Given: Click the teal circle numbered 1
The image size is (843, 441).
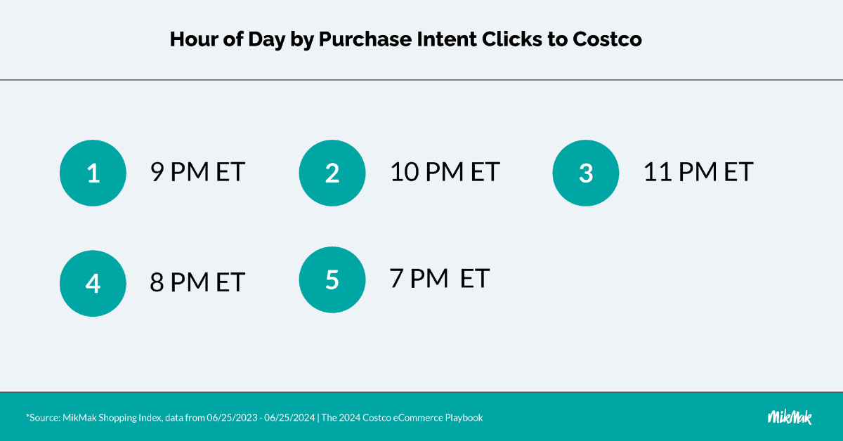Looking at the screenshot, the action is [93, 173].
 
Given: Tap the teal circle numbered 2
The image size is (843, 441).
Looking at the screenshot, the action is [332, 173].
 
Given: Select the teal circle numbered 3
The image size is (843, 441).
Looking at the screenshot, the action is [586, 173].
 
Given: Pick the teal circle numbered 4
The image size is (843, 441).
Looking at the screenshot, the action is [93, 283].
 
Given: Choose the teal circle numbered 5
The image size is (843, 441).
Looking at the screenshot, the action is [332, 279].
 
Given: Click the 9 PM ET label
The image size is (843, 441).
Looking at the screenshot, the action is [197, 172].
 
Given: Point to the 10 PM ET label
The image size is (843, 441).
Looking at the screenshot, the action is [445, 172].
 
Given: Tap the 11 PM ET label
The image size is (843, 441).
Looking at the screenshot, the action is [698, 172].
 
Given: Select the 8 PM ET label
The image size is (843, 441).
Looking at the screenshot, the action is [197, 282].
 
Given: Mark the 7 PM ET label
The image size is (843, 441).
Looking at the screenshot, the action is [440, 279].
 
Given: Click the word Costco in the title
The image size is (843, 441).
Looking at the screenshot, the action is [607, 39].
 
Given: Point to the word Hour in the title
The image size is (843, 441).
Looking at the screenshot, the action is [193, 39].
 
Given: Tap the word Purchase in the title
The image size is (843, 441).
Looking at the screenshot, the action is [365, 39].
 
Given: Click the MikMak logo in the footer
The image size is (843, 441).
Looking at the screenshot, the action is [790, 417].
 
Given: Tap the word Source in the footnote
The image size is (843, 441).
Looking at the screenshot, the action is [44, 418].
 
